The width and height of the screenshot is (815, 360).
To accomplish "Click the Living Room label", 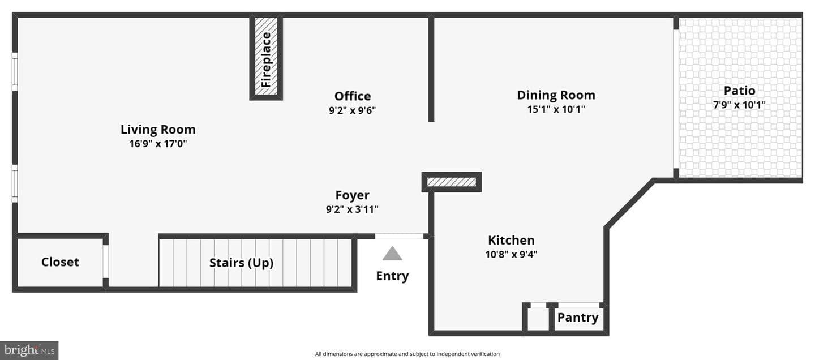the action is tap(158, 130).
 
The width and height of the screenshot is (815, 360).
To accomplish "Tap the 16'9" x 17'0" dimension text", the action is tap(158, 143).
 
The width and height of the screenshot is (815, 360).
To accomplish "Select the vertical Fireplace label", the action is tap(266, 59).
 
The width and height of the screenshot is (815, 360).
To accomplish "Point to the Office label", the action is tap(353, 96).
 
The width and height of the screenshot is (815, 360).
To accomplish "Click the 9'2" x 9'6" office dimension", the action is tap(352, 110).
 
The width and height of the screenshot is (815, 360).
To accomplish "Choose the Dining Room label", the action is tap(556, 95).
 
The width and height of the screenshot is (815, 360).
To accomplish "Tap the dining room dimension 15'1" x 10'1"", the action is tap(556, 109).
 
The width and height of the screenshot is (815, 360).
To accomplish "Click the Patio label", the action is tap(739, 90).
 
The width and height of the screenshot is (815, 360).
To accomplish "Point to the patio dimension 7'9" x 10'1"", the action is tap(739, 105).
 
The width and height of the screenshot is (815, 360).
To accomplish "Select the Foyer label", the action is tap(352, 195).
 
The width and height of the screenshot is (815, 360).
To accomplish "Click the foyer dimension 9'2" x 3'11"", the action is tap(352, 209).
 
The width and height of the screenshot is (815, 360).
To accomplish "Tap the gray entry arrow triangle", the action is tap(392, 254).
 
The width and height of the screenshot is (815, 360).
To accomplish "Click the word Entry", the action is tap(392, 276).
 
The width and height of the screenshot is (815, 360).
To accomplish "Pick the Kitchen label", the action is tap(511, 240).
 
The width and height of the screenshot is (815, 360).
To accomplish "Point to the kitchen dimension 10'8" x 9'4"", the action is tap(511, 254).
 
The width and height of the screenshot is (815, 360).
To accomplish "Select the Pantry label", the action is tap(578, 318).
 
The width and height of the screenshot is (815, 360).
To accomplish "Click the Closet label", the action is tap(60, 262).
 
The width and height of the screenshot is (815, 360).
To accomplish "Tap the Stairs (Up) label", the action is tap(241, 263).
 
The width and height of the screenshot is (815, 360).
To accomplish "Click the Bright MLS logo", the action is tap(29, 350).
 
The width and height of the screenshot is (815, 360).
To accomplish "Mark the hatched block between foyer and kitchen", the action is tap(452, 182).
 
